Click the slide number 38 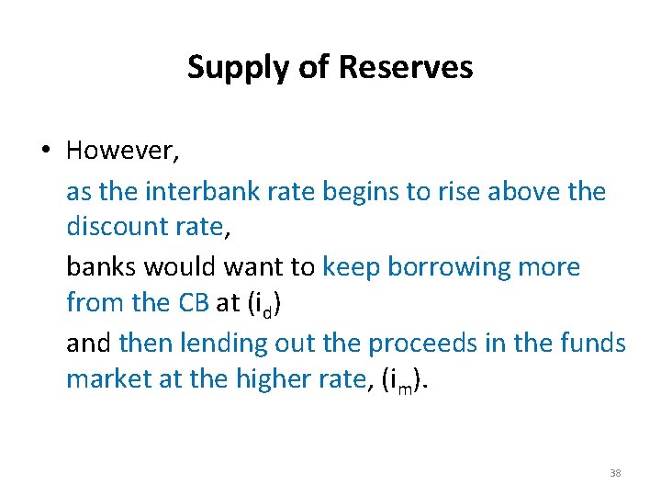[615, 474]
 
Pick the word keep [352, 267]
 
